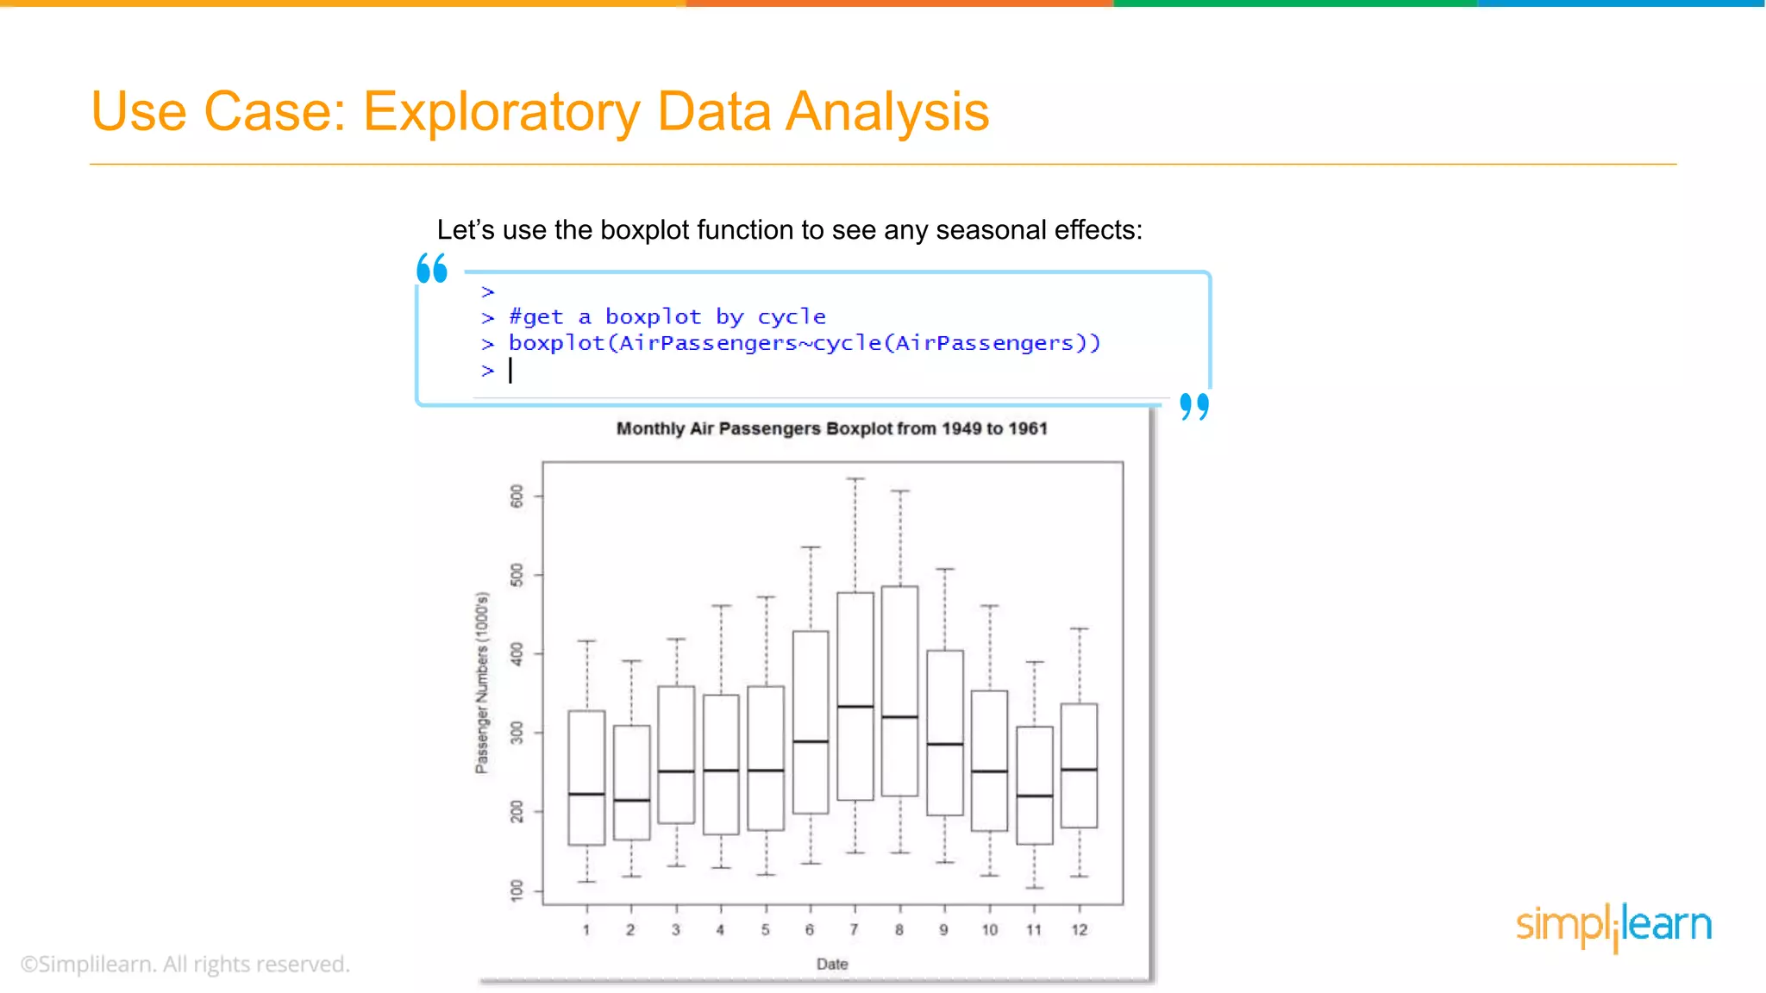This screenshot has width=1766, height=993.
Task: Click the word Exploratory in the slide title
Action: pyautogui.click(x=501, y=112)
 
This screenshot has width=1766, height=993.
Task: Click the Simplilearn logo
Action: pyautogui.click(x=1613, y=926)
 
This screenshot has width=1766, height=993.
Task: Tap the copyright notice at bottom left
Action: pyautogui.click(x=185, y=964)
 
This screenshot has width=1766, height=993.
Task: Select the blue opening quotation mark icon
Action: pyautogui.click(x=432, y=268)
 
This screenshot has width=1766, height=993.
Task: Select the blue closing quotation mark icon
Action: pyautogui.click(x=1194, y=406)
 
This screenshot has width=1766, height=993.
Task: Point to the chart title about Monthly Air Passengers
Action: pyautogui.click(x=831, y=428)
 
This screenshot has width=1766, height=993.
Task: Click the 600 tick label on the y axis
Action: pyautogui.click(x=517, y=496)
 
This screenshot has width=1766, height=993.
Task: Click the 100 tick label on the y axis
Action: pyautogui.click(x=517, y=890)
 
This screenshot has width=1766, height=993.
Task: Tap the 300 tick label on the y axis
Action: pyautogui.click(x=517, y=733)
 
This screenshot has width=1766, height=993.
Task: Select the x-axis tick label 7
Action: pyautogui.click(x=854, y=929)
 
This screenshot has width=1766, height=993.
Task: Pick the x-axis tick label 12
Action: pyautogui.click(x=1079, y=929)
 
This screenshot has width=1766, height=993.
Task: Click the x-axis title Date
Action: pyautogui.click(x=832, y=964)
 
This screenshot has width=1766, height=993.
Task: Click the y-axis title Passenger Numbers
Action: pyautogui.click(x=482, y=683)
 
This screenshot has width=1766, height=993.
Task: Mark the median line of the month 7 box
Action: pyautogui.click(x=855, y=707)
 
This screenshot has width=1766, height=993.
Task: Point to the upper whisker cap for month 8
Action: pyautogui.click(x=899, y=491)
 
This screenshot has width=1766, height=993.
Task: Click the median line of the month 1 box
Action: pyautogui.click(x=586, y=794)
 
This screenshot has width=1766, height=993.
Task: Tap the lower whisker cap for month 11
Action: pyautogui.click(x=1034, y=887)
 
